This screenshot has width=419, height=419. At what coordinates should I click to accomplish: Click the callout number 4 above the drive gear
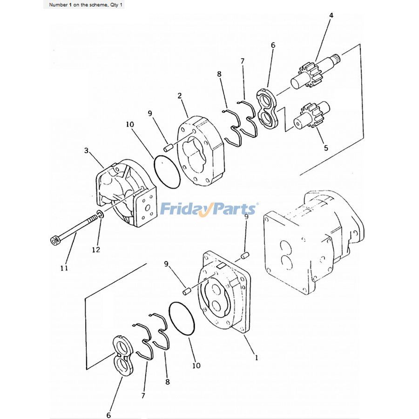331,15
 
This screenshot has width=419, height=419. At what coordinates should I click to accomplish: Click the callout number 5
326,148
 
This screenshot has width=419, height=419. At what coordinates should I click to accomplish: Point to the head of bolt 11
54,240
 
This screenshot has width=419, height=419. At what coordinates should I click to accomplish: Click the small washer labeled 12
99,215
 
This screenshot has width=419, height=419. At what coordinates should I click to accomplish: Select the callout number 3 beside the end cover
86,150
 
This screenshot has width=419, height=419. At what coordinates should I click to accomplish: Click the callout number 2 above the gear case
179,95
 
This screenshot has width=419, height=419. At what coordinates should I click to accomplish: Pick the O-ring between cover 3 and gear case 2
167,172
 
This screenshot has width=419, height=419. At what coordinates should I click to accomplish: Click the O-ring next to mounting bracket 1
182,319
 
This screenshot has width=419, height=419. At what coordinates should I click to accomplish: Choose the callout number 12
95,250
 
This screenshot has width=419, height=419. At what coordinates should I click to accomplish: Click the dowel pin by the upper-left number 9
169,147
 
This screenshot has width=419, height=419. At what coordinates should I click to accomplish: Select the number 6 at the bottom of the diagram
108,415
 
